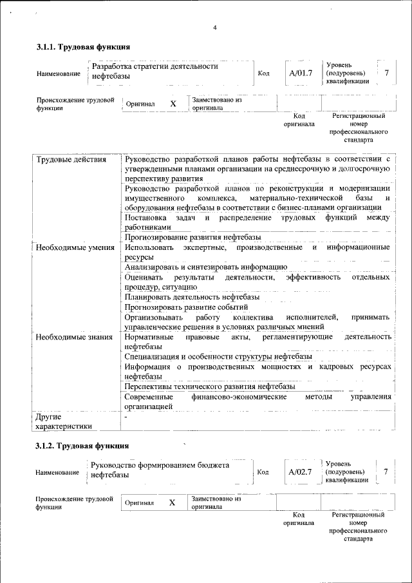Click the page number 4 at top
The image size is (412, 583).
[x=215, y=27]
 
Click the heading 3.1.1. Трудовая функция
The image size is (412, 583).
[x=84, y=48]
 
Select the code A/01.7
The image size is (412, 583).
[x=300, y=73]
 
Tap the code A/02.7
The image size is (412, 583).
[x=300, y=472]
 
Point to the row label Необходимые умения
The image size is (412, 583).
[x=75, y=248]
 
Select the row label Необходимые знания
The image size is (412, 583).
[x=74, y=337]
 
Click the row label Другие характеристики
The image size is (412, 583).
[x=64, y=421]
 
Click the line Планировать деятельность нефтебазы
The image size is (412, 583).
[x=192, y=297]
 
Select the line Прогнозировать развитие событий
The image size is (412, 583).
[x=186, y=307]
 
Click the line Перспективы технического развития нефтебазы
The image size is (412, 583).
[x=210, y=387]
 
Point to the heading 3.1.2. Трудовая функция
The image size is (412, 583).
[x=82, y=446]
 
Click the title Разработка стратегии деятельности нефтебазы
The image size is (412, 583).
[x=154, y=71]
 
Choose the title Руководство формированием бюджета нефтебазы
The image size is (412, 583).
[x=160, y=470]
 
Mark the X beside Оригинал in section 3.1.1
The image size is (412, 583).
[x=173, y=104]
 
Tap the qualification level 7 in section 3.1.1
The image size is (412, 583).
[x=386, y=73]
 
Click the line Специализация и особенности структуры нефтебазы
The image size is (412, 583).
[x=218, y=356]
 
